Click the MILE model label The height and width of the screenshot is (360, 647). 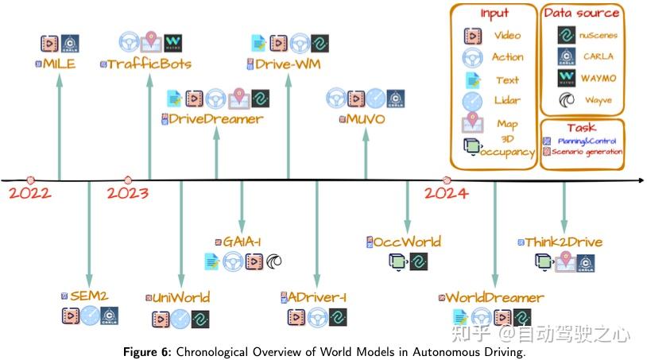pyautogui.click(x=60, y=64)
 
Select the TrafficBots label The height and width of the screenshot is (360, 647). pyautogui.click(x=150, y=64)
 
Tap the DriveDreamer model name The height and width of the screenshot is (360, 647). pyautogui.click(x=216, y=120)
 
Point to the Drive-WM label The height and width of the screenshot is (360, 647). pyautogui.click(x=288, y=64)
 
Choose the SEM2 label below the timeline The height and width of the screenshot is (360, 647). pyautogui.click(x=88, y=296)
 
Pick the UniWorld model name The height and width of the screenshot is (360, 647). pyautogui.click(x=181, y=298)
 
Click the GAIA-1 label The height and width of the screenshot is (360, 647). pyautogui.click(x=241, y=242)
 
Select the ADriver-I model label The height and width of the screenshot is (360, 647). pyautogui.click(x=318, y=298)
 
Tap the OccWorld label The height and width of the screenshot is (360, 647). pyautogui.click(x=408, y=242)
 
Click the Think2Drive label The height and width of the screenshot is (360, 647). pyautogui.click(x=564, y=242)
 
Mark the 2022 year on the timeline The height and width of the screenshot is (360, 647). pyautogui.click(x=29, y=193)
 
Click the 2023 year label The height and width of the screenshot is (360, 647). pyautogui.click(x=128, y=193)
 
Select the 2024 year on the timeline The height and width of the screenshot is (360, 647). pyautogui.click(x=446, y=193)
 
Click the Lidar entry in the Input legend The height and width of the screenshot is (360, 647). pyautogui.click(x=507, y=103)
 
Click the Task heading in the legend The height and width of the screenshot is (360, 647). pyautogui.click(x=581, y=128)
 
